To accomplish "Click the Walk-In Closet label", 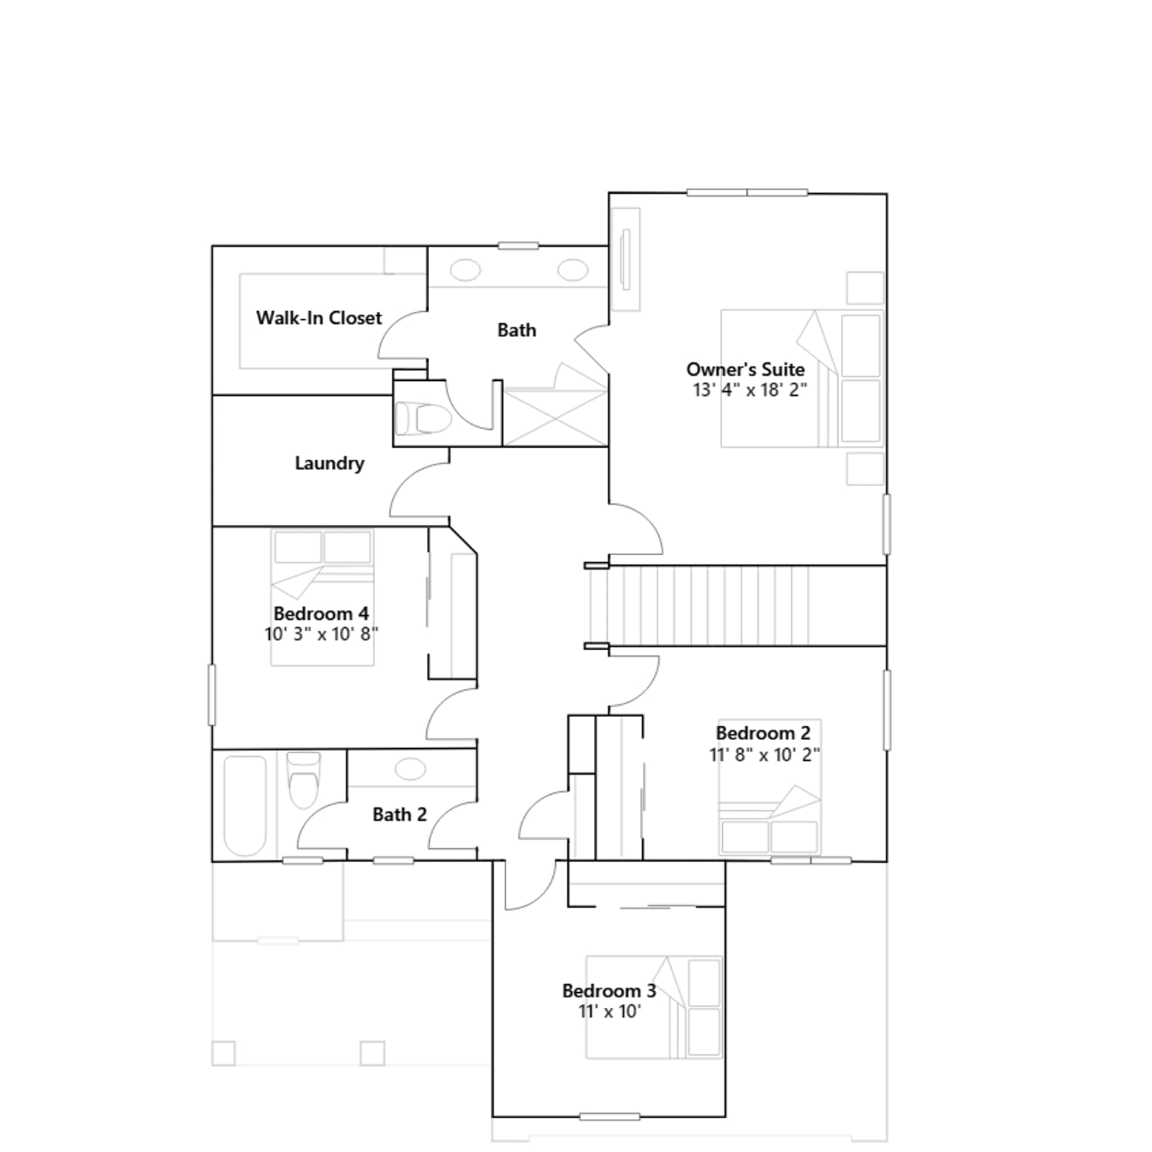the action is pyautogui.click(x=319, y=318).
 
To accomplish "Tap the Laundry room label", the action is pyautogui.click(x=329, y=463).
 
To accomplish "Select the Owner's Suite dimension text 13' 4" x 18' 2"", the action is pyautogui.click(x=750, y=390).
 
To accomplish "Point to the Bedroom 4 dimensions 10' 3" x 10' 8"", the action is pyautogui.click(x=321, y=634).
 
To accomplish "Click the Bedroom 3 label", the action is pyautogui.click(x=609, y=991).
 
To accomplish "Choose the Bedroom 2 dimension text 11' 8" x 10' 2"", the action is pyautogui.click(x=765, y=754).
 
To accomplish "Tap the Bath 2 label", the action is pyautogui.click(x=400, y=814).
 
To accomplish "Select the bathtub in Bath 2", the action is pyautogui.click(x=245, y=805).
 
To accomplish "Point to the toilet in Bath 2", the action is pyautogui.click(x=303, y=780).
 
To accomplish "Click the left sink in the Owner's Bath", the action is pyautogui.click(x=466, y=271).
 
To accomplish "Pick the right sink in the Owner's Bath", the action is pyautogui.click(x=572, y=271).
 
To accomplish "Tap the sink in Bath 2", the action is pyautogui.click(x=410, y=768).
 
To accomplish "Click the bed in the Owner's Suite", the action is pyautogui.click(x=802, y=379).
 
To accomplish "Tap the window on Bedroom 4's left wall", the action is pyautogui.click(x=212, y=695).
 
